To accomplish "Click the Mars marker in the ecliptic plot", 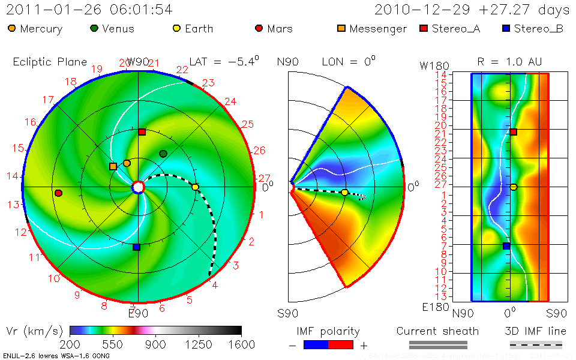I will click(x=58, y=193).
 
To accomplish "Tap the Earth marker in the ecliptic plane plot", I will click(x=195, y=187).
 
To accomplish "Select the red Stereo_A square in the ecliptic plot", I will click(x=142, y=131).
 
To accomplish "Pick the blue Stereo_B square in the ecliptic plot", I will click(x=136, y=247).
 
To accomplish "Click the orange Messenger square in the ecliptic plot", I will click(x=113, y=166).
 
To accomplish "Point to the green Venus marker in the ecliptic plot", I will click(x=163, y=154).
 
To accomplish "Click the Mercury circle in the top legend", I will click(x=12, y=28).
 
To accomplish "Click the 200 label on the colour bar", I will click(x=70, y=344).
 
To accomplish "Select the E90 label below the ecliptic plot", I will click(x=138, y=312).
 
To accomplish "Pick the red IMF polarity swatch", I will click(x=341, y=344).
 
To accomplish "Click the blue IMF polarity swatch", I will click(x=316, y=344).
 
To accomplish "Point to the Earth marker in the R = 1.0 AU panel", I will click(x=514, y=187).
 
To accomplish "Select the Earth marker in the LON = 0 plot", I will click(x=344, y=192).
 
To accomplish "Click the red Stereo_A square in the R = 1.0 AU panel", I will click(x=514, y=132).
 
